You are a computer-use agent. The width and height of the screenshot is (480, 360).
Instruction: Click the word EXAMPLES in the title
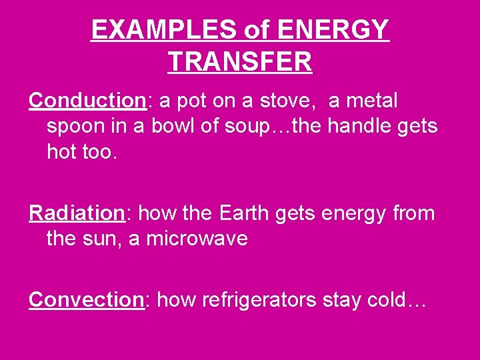coord(164,30)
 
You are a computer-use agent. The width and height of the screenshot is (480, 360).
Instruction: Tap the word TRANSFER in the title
coord(240,62)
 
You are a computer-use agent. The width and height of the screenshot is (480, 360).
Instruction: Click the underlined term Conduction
coord(87,101)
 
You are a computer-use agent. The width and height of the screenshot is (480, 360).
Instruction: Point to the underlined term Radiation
coord(77,213)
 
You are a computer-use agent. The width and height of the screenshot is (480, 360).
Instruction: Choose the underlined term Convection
coord(86,300)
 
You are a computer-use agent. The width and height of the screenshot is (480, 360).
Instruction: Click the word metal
coord(372,101)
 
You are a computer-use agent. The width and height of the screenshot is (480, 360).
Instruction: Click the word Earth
coord(241,213)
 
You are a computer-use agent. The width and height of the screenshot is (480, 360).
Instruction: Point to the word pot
coord(192,101)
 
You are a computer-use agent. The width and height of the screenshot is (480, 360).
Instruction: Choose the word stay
coord(342,300)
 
